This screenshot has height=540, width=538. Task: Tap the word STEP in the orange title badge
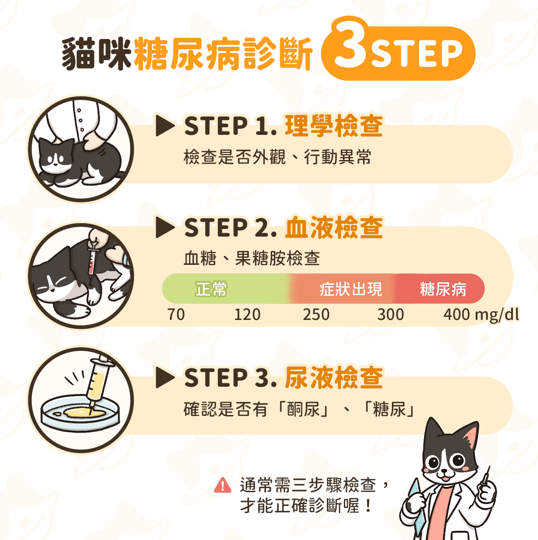(x=417, y=54)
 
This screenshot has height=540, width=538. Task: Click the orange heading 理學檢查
(x=334, y=126)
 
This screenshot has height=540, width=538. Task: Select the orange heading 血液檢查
(x=334, y=228)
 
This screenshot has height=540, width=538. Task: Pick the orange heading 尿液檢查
(x=334, y=378)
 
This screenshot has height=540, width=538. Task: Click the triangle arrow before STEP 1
(x=164, y=126)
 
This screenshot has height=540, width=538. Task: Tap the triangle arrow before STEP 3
(x=164, y=378)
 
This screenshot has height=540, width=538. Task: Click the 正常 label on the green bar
(x=211, y=289)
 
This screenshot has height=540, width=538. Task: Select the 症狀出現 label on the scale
(x=351, y=289)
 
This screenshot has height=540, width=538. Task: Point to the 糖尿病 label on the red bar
(x=443, y=289)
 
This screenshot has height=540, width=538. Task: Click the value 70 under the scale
(x=176, y=315)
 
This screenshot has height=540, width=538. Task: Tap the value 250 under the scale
(x=316, y=315)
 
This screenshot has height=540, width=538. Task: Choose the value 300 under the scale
(x=390, y=315)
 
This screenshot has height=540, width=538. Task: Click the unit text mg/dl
(x=497, y=315)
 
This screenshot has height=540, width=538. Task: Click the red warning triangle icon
(x=222, y=485)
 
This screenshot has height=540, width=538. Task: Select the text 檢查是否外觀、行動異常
(x=277, y=157)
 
